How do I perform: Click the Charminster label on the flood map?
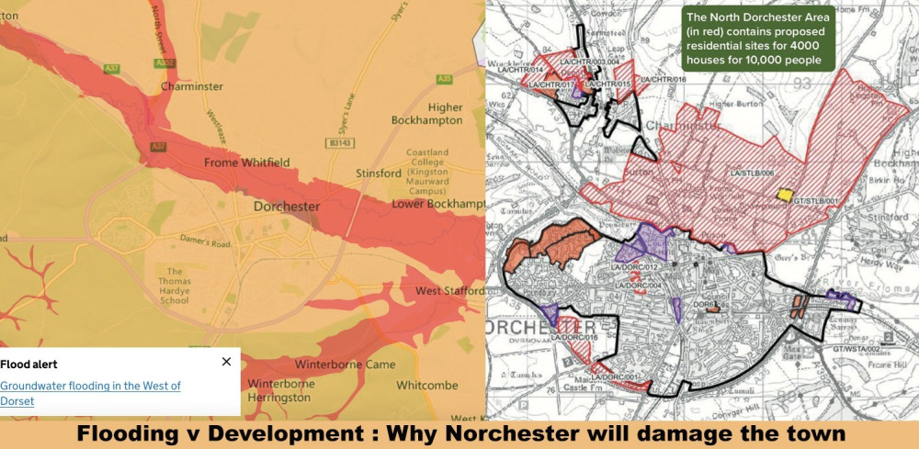tap(192, 86)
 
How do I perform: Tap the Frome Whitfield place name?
tap(240, 163)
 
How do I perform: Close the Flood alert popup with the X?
tap(227, 362)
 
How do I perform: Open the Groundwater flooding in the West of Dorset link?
tap(90, 393)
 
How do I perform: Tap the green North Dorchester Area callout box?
tap(757, 39)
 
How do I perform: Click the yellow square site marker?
tap(784, 196)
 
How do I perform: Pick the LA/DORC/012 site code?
tap(636, 267)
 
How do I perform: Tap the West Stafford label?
tap(449, 291)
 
